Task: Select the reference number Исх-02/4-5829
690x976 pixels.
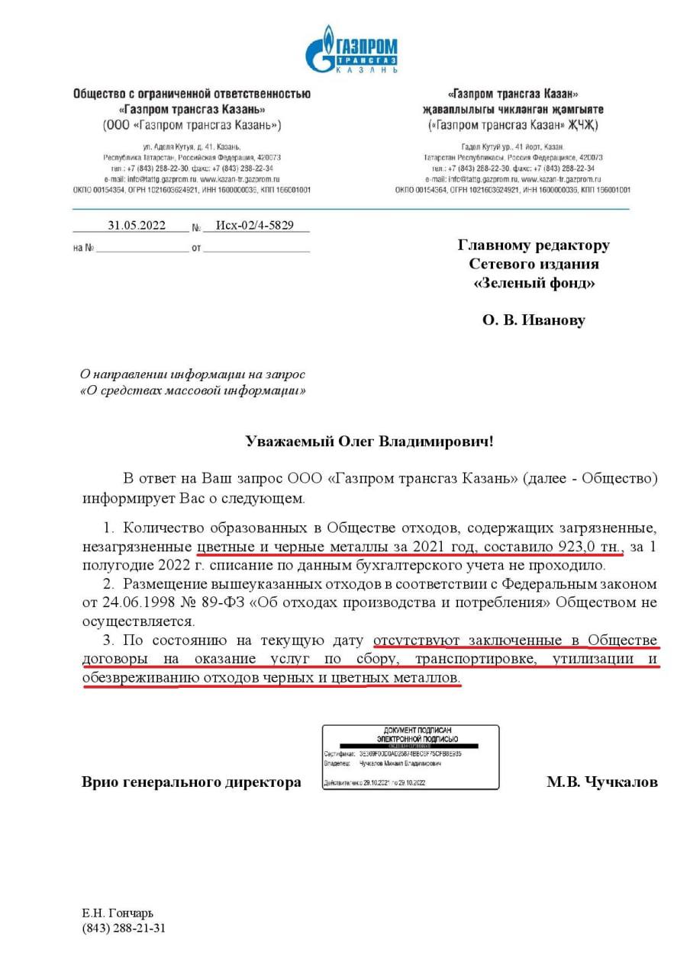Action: (x=255, y=226)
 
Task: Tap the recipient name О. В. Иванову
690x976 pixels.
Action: (x=534, y=320)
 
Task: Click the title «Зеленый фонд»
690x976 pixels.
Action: (x=534, y=284)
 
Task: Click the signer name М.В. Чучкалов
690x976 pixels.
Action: (x=601, y=782)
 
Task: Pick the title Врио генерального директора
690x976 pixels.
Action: (x=191, y=782)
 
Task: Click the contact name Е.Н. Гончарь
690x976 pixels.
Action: (x=118, y=913)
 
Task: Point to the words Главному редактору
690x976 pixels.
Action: (x=534, y=246)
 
